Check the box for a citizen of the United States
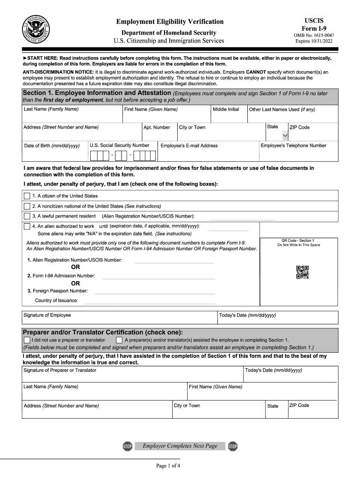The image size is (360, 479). coord(27,196)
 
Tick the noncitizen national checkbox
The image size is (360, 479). coord(27,206)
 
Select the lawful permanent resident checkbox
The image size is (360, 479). coord(27,216)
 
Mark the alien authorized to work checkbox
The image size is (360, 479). coord(27,226)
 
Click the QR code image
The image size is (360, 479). coord(302,272)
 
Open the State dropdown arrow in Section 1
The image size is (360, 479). coord(285,136)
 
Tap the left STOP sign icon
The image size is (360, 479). coord(127,446)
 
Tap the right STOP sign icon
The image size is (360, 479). coord(232,446)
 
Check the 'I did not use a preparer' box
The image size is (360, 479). coord(27,340)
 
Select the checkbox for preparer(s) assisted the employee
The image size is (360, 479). coord(119,340)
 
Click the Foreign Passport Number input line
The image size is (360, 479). coord(155,292)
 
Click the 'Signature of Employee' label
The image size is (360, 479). coord(47,315)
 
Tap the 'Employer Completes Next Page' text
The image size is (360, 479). coord(180,446)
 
